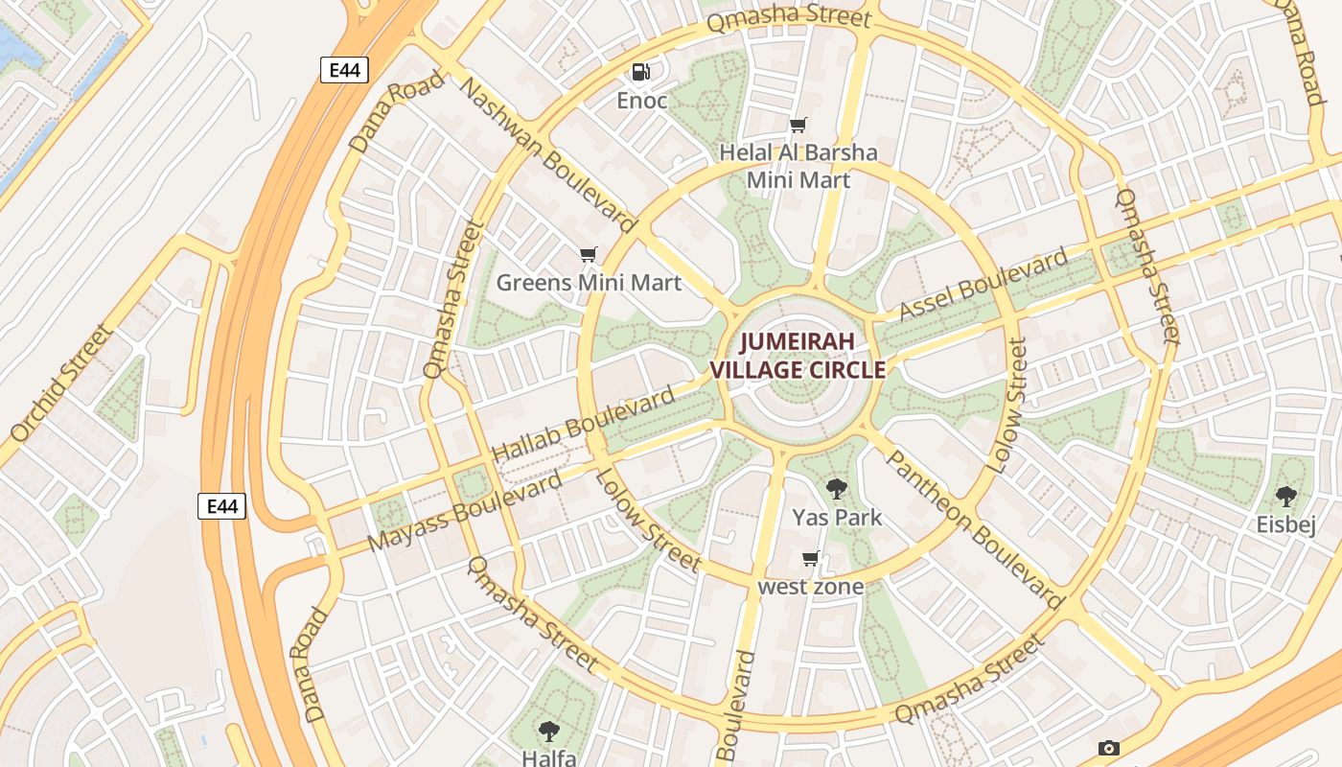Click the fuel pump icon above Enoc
coord(640,72)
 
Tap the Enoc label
coord(641,101)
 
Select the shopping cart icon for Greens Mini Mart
coord(589,255)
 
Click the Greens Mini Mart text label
coord(589,283)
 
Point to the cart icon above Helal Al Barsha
coord(798,125)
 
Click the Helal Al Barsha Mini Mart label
coord(798,166)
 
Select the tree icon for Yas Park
coord(837,489)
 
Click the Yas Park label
coord(837,518)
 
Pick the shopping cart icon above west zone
coord(811,559)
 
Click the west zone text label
coord(811,586)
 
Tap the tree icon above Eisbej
coord(1285,497)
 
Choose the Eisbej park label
coord(1285,524)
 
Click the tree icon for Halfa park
coord(549,732)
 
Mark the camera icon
coord(1109,748)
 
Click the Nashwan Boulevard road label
coord(548,154)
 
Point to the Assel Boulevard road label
coord(983,285)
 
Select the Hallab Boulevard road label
coord(583,425)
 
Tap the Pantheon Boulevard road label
coord(972,529)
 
